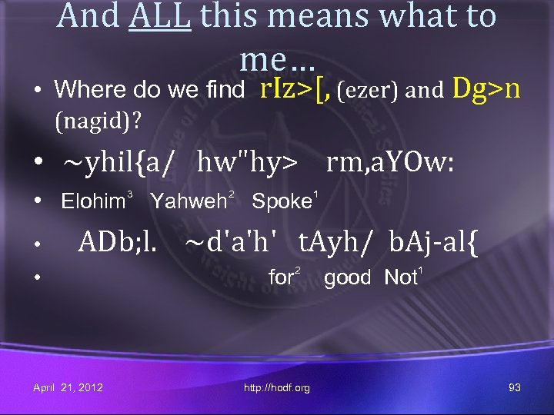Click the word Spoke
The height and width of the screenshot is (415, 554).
pyautogui.click(x=280, y=202)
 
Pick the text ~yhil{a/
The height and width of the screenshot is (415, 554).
pyautogui.click(x=118, y=163)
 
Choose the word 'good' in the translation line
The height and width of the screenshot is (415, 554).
pyautogui.click(x=347, y=277)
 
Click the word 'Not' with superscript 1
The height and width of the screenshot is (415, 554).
pyautogui.click(x=399, y=277)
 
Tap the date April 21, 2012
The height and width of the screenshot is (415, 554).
pyautogui.click(x=68, y=387)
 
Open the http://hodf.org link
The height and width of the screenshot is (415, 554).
pyautogui.click(x=277, y=388)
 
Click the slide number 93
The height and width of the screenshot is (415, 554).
pyautogui.click(x=515, y=387)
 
